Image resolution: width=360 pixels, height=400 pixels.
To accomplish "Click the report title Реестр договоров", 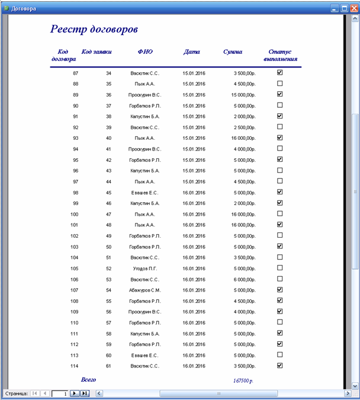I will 94,29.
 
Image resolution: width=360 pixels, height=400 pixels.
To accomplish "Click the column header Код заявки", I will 96,52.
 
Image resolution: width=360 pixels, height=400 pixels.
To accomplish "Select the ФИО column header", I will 144,52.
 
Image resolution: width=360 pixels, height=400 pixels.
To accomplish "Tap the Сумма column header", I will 233,52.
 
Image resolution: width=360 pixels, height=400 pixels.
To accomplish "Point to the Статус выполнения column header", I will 280,56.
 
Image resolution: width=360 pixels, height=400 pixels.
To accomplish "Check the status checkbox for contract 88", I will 280,84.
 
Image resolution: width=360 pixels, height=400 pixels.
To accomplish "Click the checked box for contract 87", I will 280,72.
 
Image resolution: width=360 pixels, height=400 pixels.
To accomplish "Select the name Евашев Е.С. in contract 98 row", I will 144,192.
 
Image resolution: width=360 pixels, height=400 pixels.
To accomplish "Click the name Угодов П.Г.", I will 144,268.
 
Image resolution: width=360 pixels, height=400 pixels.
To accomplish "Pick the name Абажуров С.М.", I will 144,290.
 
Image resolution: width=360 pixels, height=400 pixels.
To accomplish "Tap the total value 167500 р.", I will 243,380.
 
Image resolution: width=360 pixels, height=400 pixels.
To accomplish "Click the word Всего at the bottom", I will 88,379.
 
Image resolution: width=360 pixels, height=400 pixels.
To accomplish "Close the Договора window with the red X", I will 353,9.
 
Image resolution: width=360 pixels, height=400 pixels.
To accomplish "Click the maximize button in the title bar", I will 344,9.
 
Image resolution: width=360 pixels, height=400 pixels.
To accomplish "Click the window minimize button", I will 335,9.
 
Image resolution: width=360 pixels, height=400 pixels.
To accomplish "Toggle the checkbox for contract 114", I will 280,366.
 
